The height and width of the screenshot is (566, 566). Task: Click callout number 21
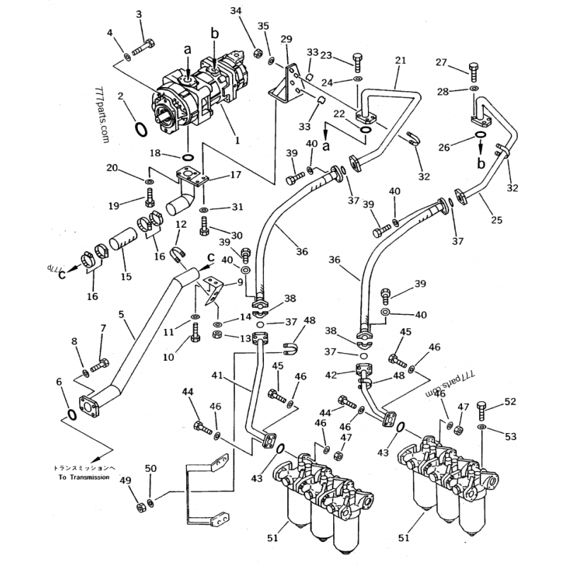400,61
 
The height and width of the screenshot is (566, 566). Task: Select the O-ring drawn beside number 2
141,129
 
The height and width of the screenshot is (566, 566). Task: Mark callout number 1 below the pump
237,140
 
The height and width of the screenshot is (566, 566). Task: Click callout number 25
496,220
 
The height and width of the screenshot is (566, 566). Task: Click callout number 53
511,437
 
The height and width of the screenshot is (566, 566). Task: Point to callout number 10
168,357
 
